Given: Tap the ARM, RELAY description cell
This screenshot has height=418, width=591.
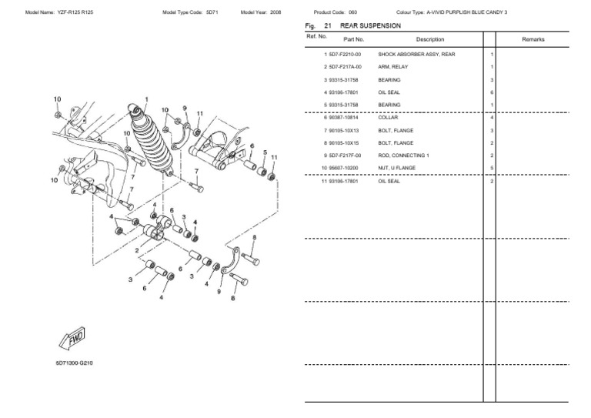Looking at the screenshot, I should click(x=393, y=67).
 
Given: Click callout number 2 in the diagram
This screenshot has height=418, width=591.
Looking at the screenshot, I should click(x=136, y=251).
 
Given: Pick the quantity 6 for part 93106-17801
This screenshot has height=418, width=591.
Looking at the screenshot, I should click(x=491, y=92).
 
